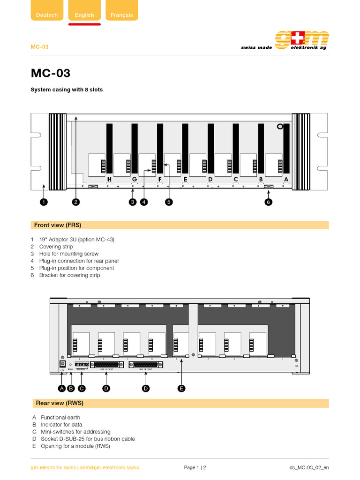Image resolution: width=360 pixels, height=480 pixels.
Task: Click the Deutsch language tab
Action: [47, 15]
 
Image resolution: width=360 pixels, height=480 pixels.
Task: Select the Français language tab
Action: [122, 15]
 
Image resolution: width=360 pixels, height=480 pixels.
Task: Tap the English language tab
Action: [84, 15]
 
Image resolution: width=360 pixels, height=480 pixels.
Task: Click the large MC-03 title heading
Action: [51, 73]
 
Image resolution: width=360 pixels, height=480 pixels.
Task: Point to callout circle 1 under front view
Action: [44, 202]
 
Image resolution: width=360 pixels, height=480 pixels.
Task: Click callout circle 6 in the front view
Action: [269, 202]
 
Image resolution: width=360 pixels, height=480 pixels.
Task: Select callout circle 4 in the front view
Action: [144, 202]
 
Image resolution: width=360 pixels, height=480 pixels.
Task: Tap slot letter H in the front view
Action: [109, 179]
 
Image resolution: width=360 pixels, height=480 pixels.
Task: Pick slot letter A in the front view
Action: [286, 179]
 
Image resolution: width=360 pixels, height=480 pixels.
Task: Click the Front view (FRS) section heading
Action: [58, 225]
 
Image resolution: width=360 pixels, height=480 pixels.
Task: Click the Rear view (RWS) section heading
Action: [60, 403]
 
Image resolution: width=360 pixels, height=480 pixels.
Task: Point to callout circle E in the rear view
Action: [181, 388]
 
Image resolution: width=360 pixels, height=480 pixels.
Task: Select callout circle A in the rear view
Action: [61, 388]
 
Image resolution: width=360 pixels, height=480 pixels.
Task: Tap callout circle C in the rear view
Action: [82, 388]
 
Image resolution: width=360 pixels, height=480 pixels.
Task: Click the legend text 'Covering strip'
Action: [56, 247]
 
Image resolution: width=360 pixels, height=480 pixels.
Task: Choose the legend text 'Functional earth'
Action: [60, 417]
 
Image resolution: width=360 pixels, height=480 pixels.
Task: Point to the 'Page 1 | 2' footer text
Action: [195, 467]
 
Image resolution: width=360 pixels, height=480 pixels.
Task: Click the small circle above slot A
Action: [280, 127]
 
